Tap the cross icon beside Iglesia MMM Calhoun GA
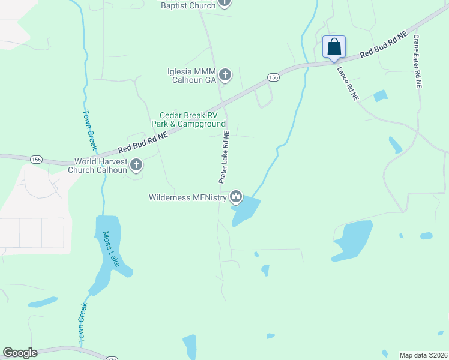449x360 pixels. [x=225, y=75]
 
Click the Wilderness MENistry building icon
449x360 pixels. [x=236, y=196]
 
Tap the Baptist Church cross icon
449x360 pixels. [x=224, y=3]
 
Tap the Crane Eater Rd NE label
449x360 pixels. [x=417, y=62]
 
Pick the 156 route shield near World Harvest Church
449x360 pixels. [x=37, y=159]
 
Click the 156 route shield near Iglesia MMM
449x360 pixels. [x=273, y=77]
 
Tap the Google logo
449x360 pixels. [x=20, y=353]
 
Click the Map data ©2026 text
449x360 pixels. [x=423, y=355]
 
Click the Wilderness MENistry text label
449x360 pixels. [x=188, y=197]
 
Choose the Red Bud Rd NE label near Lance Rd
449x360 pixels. [x=384, y=46]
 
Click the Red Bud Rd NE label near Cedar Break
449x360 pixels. [x=142, y=143]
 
